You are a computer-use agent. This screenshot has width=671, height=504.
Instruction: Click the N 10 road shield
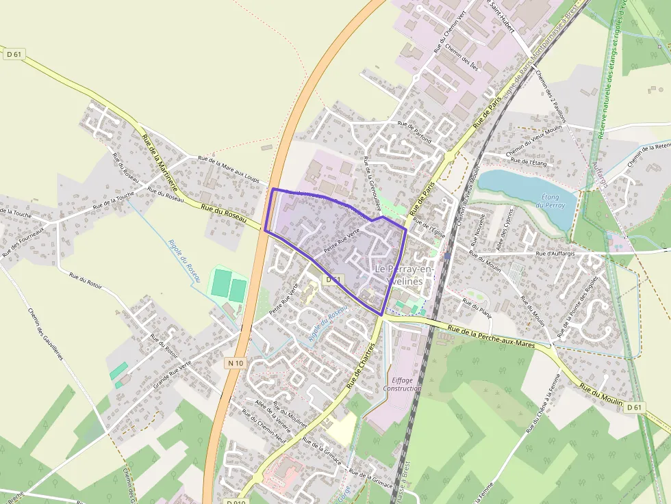pos(235,363)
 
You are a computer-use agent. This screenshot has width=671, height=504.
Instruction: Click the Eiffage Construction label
pos(403,384)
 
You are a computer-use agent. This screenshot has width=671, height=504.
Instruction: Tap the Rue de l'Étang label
pos(529,162)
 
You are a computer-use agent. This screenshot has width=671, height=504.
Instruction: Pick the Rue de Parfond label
pos(414,132)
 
